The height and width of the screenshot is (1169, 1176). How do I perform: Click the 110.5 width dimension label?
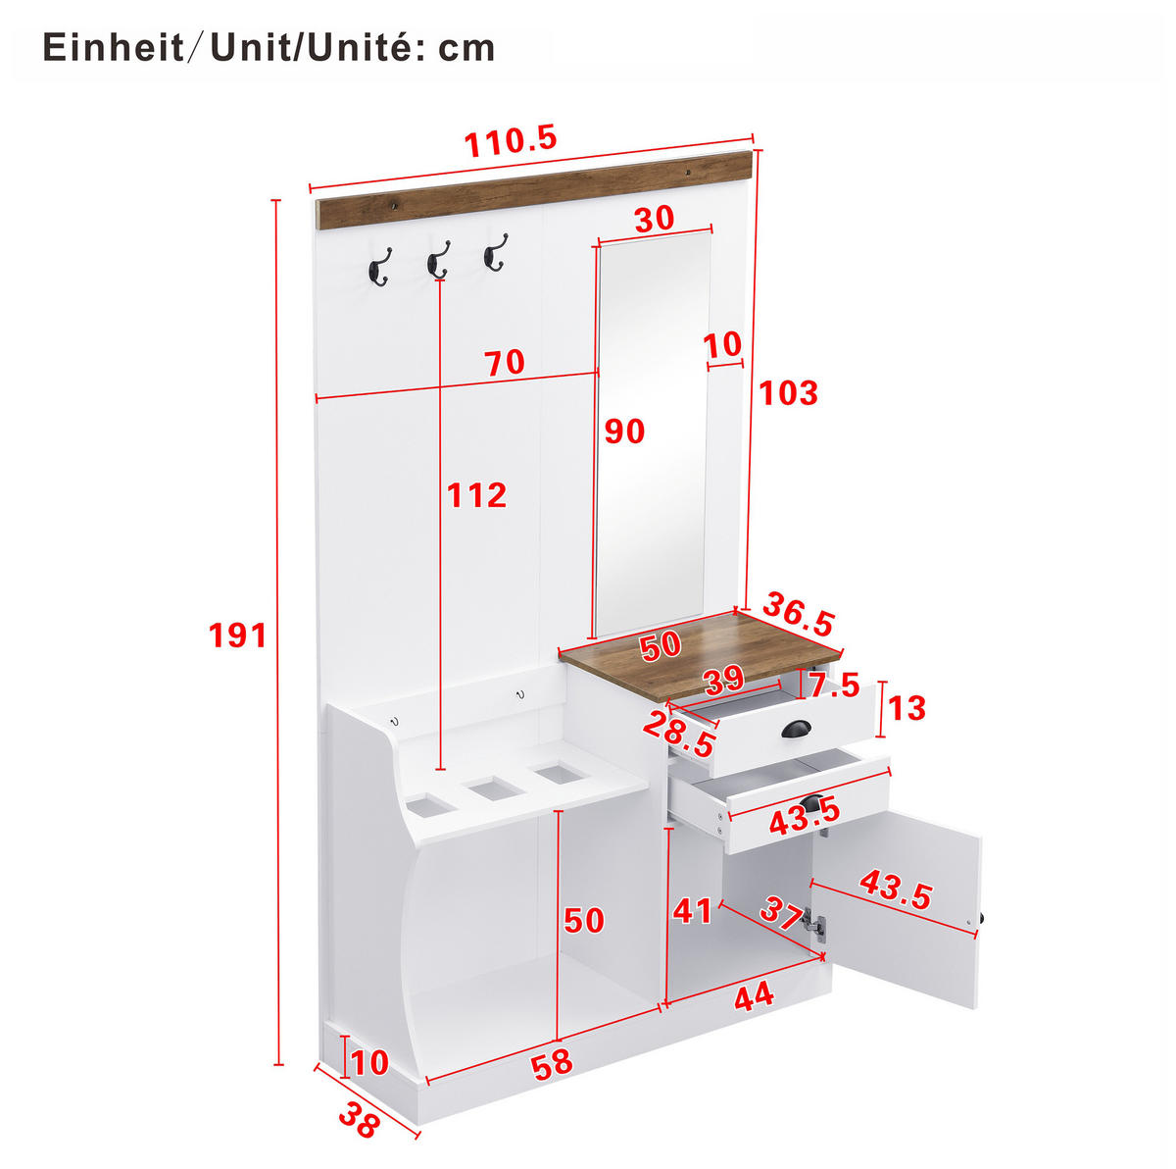(511, 141)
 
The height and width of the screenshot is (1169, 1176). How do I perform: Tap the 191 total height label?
(237, 635)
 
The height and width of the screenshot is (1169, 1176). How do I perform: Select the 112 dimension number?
(476, 494)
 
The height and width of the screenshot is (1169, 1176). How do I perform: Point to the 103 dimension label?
(788, 392)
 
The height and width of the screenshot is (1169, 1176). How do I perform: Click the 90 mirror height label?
(624, 432)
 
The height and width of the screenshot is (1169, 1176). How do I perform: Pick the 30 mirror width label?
(655, 220)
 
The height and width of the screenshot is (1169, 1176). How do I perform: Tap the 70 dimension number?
(505, 363)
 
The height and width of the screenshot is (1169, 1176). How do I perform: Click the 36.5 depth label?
(799, 614)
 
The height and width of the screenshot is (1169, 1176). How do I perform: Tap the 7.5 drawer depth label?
(834, 686)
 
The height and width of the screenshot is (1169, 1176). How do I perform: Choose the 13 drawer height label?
(906, 708)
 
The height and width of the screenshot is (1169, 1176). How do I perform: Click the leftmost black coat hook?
(379, 267)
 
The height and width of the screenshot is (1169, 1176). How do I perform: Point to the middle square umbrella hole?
(493, 788)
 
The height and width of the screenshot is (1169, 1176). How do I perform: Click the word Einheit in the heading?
(114, 48)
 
